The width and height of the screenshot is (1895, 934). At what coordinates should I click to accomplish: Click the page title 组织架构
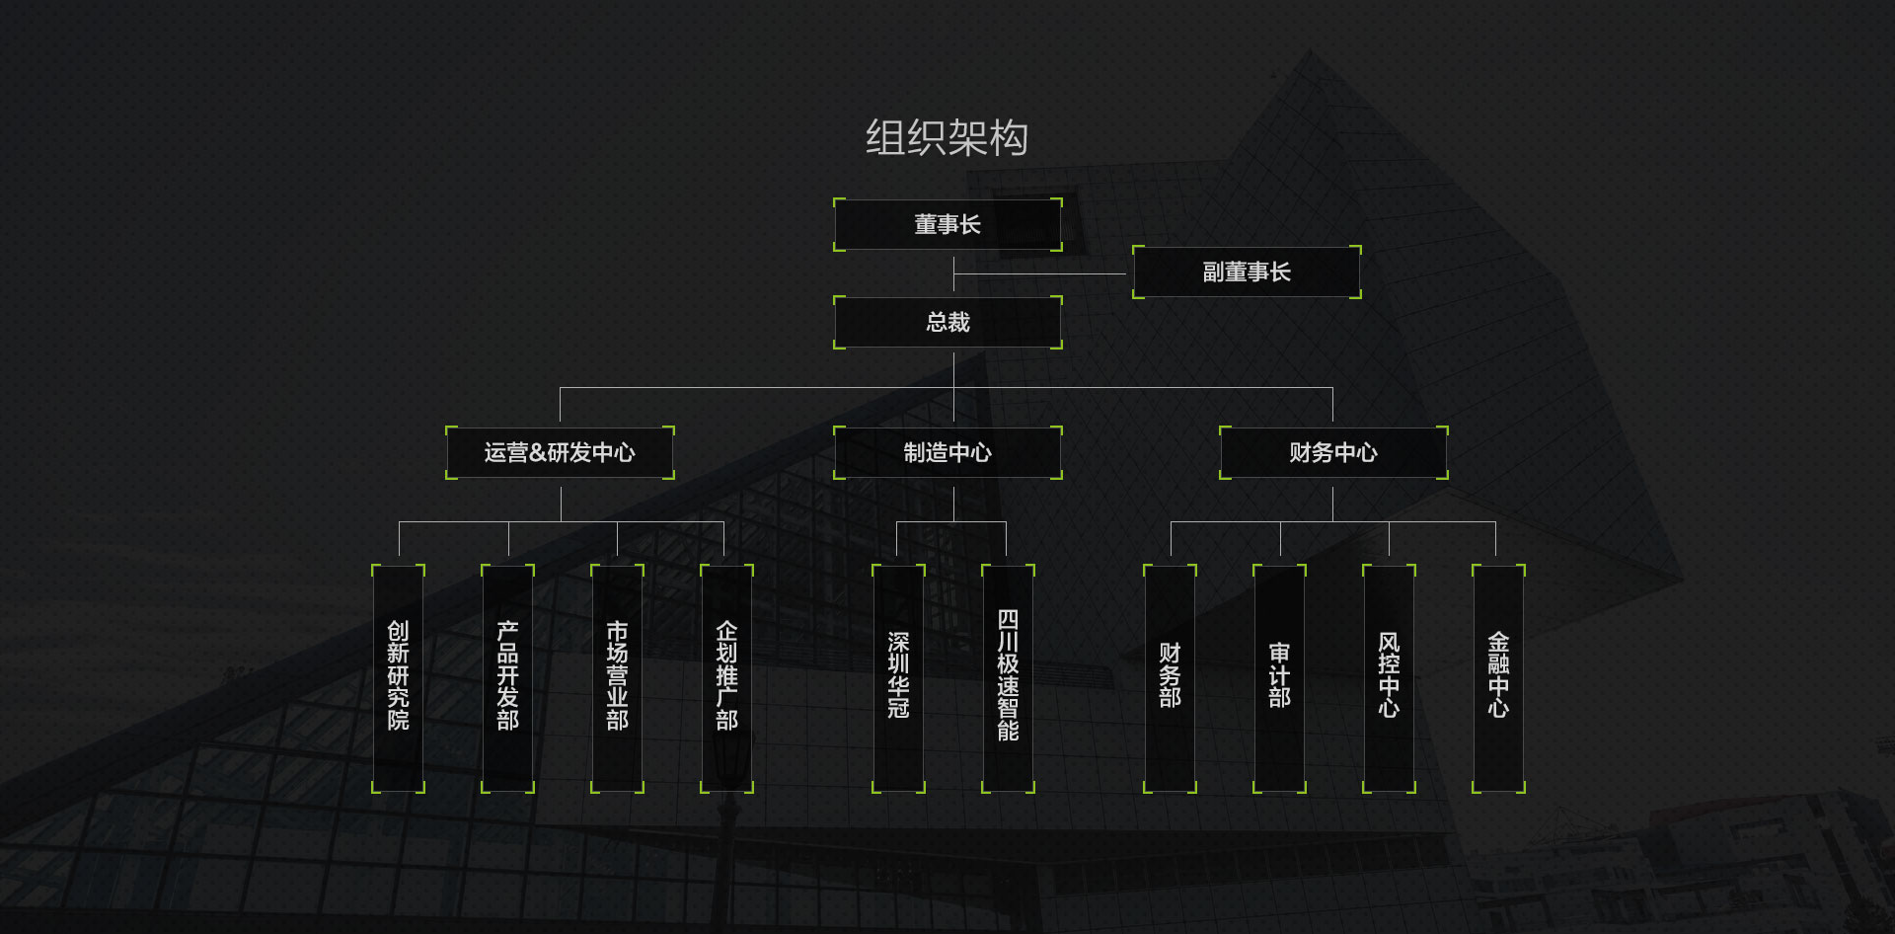[947, 138]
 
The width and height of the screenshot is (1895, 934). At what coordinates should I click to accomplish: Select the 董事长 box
[947, 225]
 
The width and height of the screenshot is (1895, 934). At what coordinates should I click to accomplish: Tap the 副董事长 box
[1247, 272]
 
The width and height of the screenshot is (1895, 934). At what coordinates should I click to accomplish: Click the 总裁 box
[947, 323]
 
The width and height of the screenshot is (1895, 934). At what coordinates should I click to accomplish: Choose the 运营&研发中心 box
[560, 453]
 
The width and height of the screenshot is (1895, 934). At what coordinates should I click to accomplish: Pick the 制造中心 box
[947, 453]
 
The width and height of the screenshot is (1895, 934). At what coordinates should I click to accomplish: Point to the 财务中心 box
[1333, 453]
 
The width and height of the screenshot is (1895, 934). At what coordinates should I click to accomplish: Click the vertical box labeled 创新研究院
[398, 678]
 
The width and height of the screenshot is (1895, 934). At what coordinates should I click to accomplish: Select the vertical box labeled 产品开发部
[507, 678]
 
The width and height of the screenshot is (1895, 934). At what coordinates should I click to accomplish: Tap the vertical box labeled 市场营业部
[617, 678]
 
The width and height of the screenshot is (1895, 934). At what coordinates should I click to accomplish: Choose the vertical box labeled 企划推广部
[726, 678]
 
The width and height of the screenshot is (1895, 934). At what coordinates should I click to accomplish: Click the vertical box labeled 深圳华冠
[898, 678]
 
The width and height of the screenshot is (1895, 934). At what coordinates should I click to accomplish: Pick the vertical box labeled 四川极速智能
[1008, 678]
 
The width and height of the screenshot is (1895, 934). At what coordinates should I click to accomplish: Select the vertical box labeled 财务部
[1170, 678]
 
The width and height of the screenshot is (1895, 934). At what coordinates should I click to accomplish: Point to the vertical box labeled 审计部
[1279, 678]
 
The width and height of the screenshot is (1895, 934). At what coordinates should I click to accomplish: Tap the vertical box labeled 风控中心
[1389, 678]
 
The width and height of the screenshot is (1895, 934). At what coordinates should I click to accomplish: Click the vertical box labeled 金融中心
[1498, 678]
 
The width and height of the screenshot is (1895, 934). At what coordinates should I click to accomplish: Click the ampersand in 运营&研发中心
[538, 453]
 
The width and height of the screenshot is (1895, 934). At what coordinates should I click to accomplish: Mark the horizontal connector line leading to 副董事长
[1041, 273]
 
